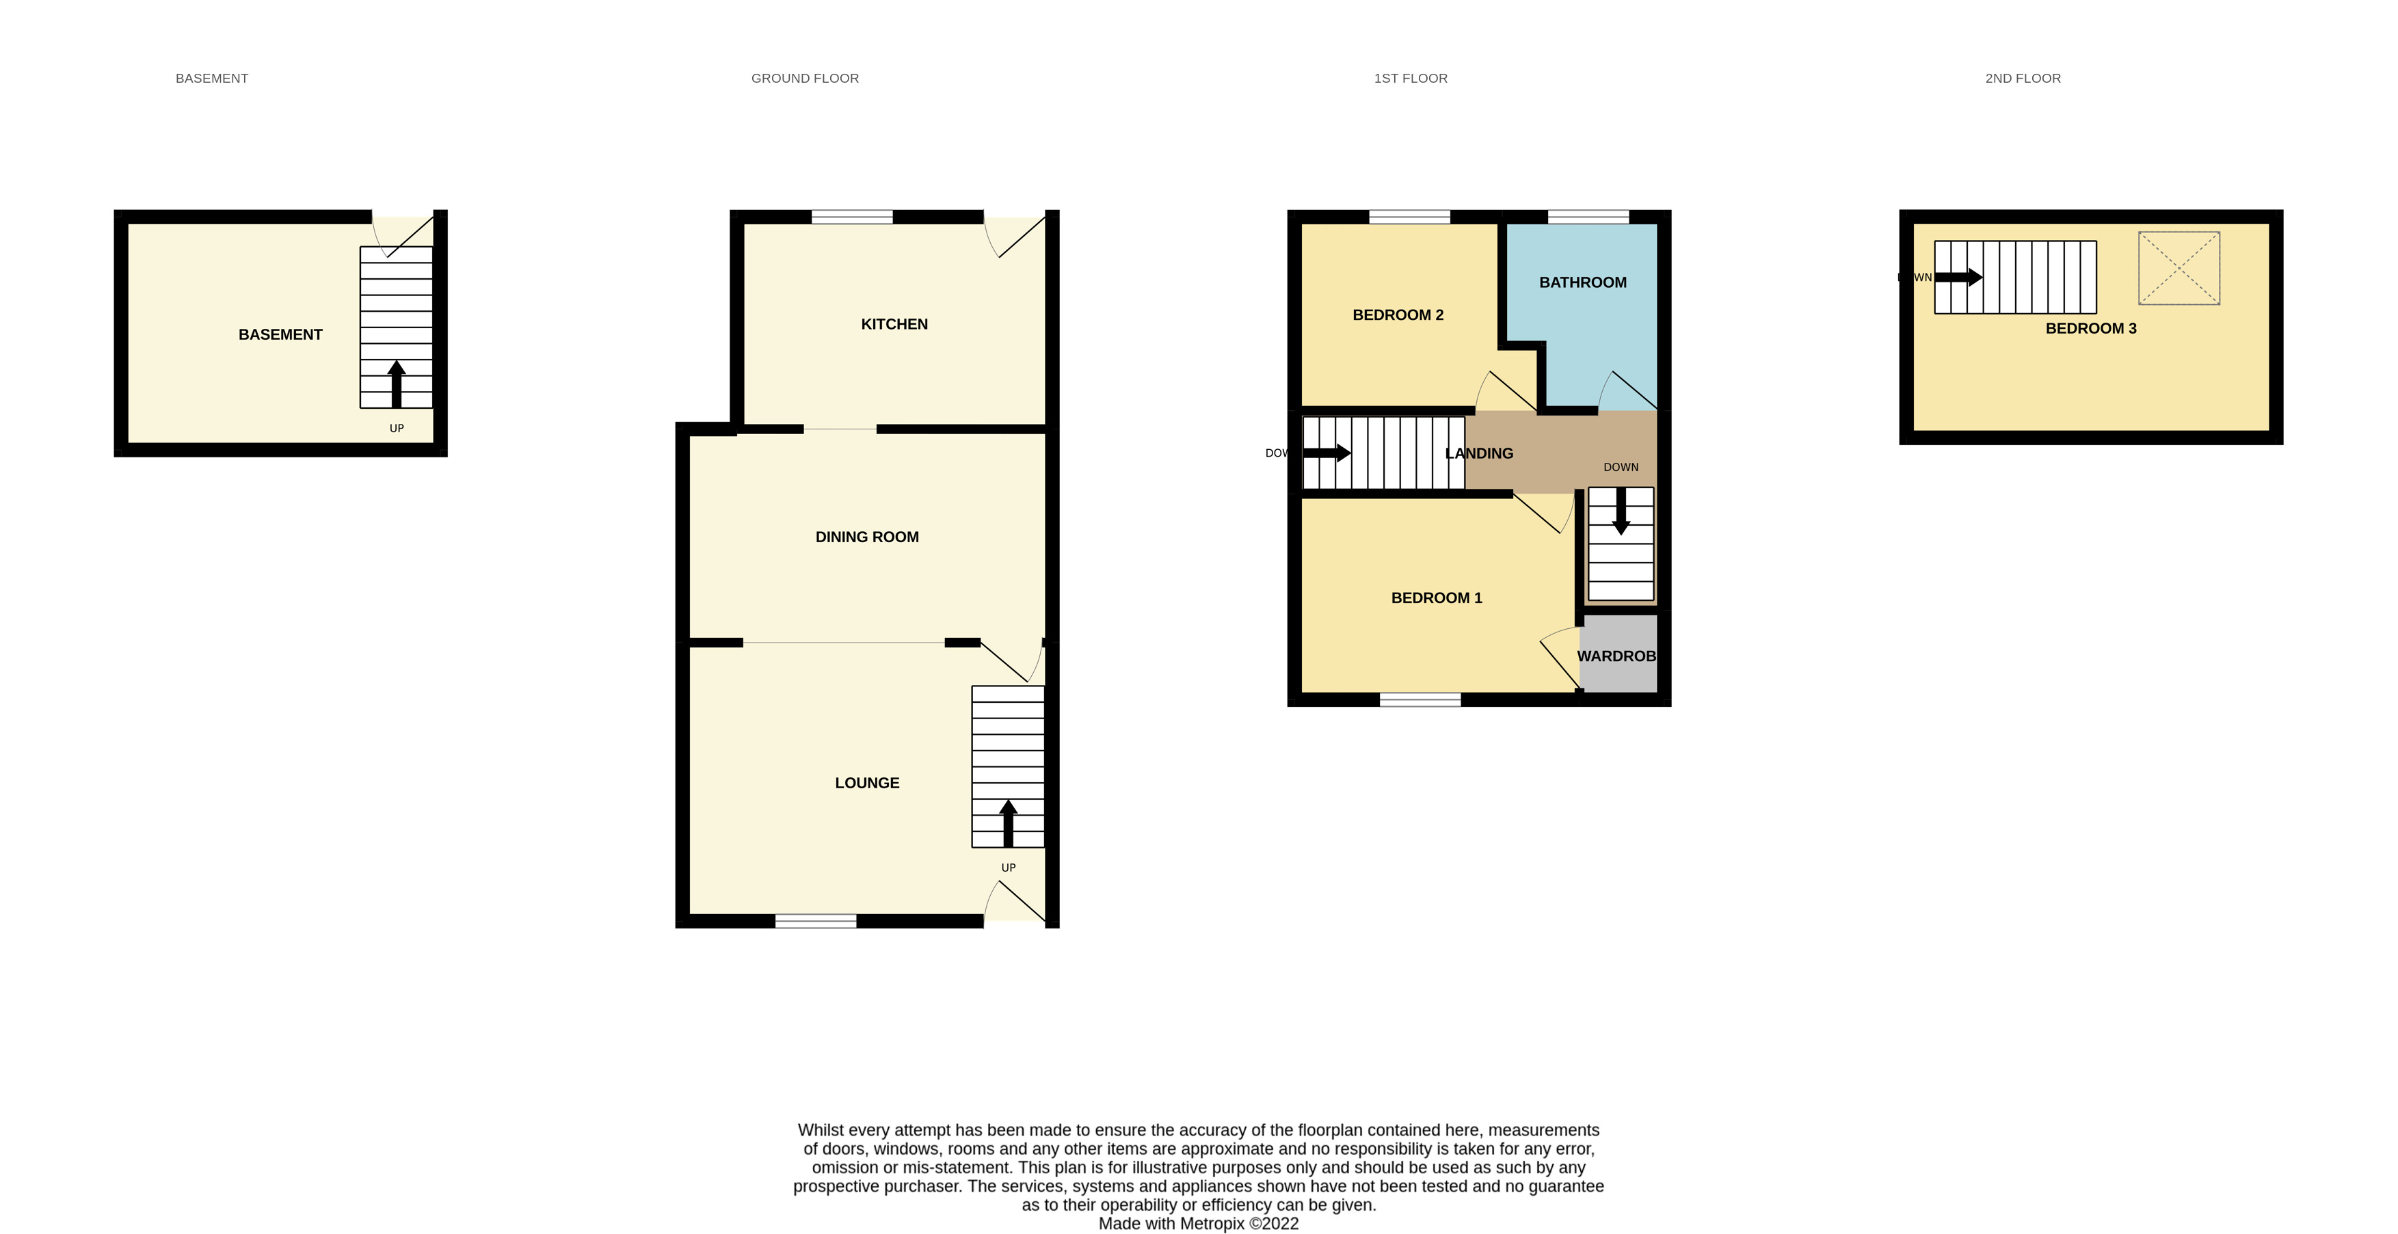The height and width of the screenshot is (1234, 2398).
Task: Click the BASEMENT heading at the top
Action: pyautogui.click(x=211, y=78)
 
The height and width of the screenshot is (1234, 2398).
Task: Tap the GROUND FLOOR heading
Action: pyautogui.click(x=805, y=78)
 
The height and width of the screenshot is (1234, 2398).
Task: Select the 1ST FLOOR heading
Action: pyautogui.click(x=1411, y=78)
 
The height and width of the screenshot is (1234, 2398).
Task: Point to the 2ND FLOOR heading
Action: pyautogui.click(x=2023, y=78)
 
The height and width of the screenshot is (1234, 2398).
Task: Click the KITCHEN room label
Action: pyautogui.click(x=894, y=324)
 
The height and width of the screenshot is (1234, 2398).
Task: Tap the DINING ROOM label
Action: pyautogui.click(x=866, y=537)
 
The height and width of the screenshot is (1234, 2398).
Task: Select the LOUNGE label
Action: pyautogui.click(x=866, y=783)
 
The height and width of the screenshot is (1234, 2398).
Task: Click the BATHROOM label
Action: pyautogui.click(x=1582, y=282)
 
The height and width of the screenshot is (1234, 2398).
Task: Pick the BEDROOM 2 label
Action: pyautogui.click(x=1397, y=314)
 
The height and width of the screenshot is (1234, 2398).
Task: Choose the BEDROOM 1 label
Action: pyautogui.click(x=1437, y=598)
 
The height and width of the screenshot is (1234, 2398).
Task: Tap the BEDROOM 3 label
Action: pyautogui.click(x=2091, y=327)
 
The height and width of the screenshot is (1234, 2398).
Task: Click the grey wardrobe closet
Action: pyautogui.click(x=1618, y=654)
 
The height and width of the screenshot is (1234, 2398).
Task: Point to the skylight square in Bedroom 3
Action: pyautogui.click(x=2179, y=268)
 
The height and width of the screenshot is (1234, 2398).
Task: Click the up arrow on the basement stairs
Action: pyautogui.click(x=397, y=384)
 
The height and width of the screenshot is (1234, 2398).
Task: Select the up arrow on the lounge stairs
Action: pyautogui.click(x=1008, y=822)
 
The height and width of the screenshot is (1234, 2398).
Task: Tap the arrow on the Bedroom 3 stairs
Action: pyautogui.click(x=1958, y=276)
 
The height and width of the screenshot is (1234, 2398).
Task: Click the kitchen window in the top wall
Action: pyautogui.click(x=852, y=217)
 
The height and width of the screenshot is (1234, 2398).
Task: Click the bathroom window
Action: pyautogui.click(x=1588, y=217)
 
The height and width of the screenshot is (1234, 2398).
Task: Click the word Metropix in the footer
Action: pyautogui.click(x=1212, y=1224)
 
